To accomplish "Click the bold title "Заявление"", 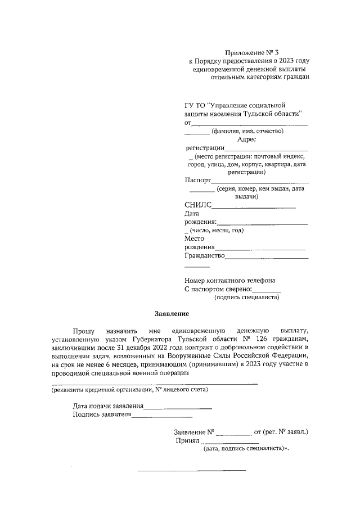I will (172, 313).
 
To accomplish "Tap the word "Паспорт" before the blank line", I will (197, 181).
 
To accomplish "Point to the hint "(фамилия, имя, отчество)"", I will (247, 131).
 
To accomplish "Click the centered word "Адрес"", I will (246, 139).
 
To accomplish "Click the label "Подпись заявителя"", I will (102, 415).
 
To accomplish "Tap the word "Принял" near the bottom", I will (188, 441).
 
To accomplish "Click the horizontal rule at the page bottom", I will (192, 470).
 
